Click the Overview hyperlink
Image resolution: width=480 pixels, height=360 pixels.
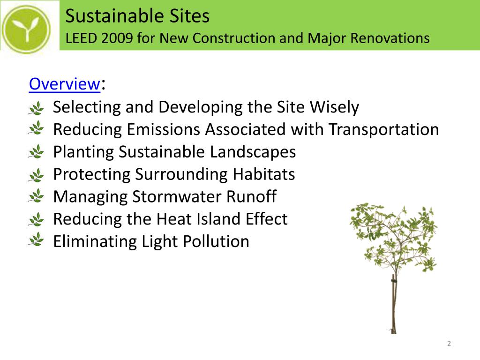pos(64,84)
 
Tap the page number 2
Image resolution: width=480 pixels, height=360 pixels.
pos(449,344)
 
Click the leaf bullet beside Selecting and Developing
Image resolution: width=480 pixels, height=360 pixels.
pos(36,108)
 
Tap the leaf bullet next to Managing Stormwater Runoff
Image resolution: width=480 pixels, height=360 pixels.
pos(36,196)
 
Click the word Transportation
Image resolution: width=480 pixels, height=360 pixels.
pos(383,129)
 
